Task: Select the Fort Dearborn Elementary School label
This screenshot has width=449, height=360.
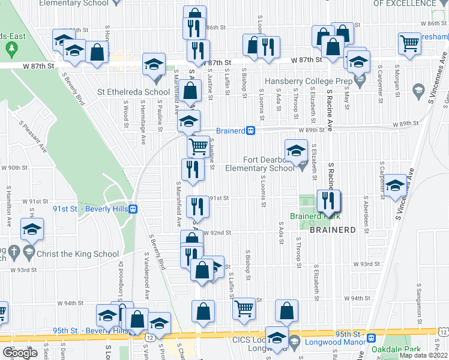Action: (x=260, y=164)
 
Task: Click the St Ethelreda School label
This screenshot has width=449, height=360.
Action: (x=133, y=92)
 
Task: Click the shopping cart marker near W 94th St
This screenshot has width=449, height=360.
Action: (x=244, y=308)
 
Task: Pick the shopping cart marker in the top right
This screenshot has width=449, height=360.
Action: (x=409, y=43)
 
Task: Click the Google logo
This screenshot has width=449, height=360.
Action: (x=20, y=353)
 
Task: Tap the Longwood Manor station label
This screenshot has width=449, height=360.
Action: (x=338, y=343)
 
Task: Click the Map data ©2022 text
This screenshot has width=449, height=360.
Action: (x=423, y=355)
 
